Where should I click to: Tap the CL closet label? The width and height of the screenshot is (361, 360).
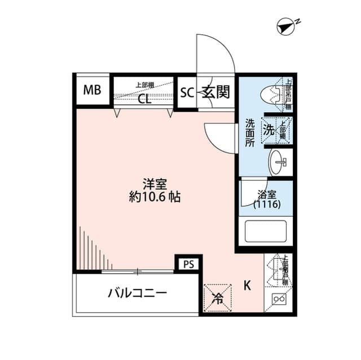[x=144, y=101]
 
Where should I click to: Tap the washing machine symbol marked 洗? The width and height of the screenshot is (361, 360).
[x=270, y=130]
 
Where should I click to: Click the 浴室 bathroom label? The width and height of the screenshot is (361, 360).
[x=267, y=194]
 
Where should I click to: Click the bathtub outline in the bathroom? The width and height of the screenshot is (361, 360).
[x=265, y=230]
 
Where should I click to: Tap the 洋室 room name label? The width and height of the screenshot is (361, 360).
[x=153, y=184]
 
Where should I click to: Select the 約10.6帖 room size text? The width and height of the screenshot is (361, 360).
[x=153, y=198]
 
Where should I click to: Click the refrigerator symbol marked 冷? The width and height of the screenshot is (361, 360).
[x=217, y=297]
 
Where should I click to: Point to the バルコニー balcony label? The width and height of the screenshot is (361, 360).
[x=138, y=294]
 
